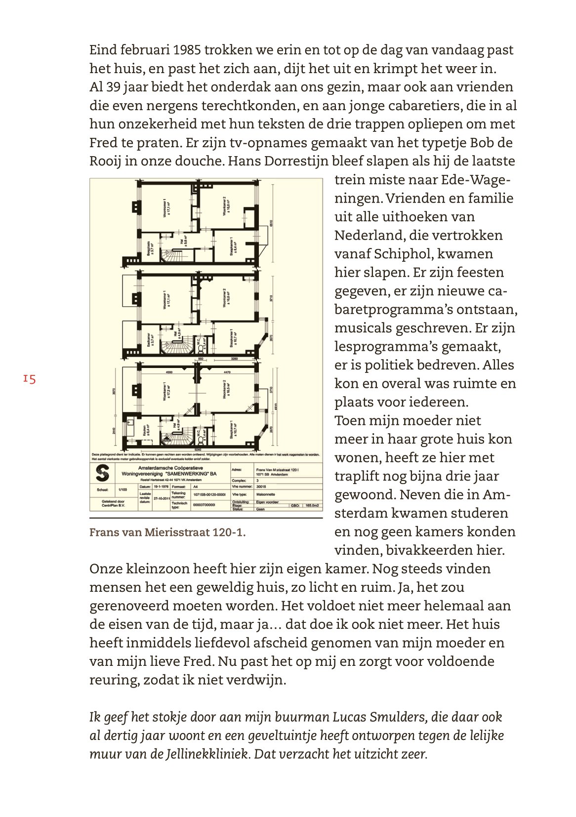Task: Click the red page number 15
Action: (29, 379)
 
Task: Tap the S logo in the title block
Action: (102, 473)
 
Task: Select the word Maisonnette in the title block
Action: (266, 493)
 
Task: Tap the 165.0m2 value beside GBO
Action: (312, 505)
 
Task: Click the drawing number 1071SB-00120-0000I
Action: (209, 494)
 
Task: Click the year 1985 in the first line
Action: (187, 50)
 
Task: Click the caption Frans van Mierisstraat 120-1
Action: (167, 532)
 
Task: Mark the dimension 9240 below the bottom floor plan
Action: (198, 449)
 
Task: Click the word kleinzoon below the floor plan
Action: (156, 569)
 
